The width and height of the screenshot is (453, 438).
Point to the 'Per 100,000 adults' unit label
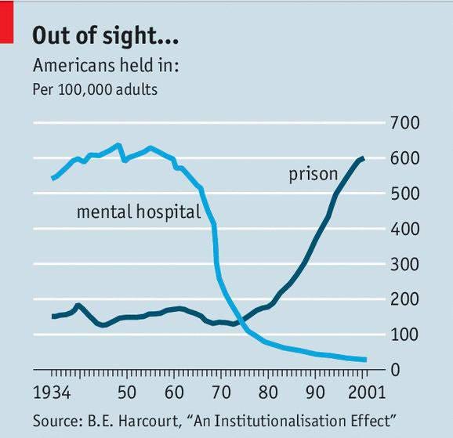(x=95, y=89)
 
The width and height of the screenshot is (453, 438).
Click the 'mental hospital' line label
(x=139, y=212)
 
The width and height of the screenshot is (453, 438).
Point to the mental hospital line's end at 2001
(x=365, y=360)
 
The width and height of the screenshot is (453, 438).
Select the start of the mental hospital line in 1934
(x=53, y=179)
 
